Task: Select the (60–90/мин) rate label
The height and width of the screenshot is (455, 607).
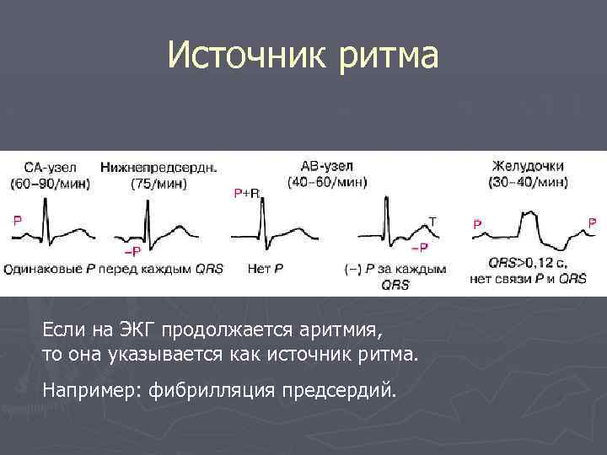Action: pyautogui.click(x=50, y=183)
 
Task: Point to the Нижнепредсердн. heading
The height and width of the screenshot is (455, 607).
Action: pyautogui.click(x=158, y=167)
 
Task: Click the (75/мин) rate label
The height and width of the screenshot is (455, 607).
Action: pyautogui.click(x=158, y=183)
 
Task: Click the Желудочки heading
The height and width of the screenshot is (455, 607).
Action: pyautogui.click(x=528, y=166)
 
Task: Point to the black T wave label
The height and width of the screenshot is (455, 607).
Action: pyautogui.click(x=432, y=221)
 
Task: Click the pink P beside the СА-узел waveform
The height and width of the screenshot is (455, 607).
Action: pyautogui.click(x=18, y=221)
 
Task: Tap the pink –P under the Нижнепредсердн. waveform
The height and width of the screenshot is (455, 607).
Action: pyautogui.click(x=133, y=251)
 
